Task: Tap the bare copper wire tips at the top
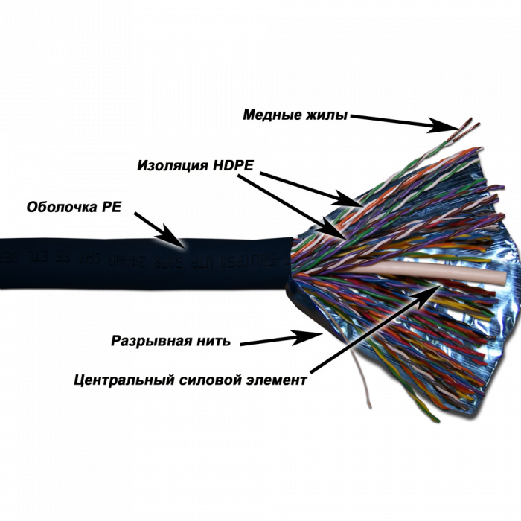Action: (469, 125)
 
